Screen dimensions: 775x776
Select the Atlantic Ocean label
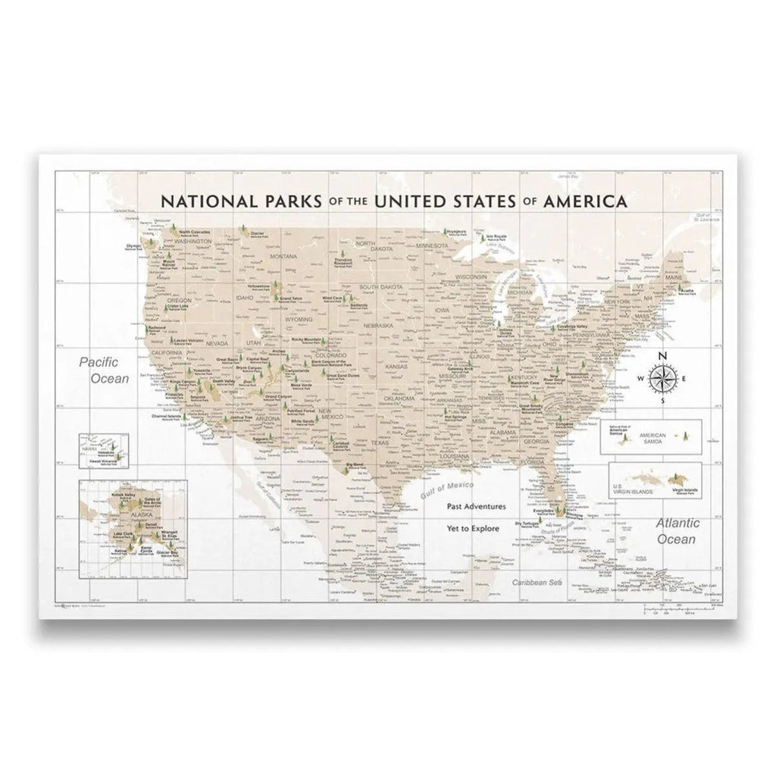pyautogui.click(x=676, y=531)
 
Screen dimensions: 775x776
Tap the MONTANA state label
pyautogui.click(x=283, y=257)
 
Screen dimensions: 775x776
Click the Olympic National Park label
pyautogui.click(x=134, y=246)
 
